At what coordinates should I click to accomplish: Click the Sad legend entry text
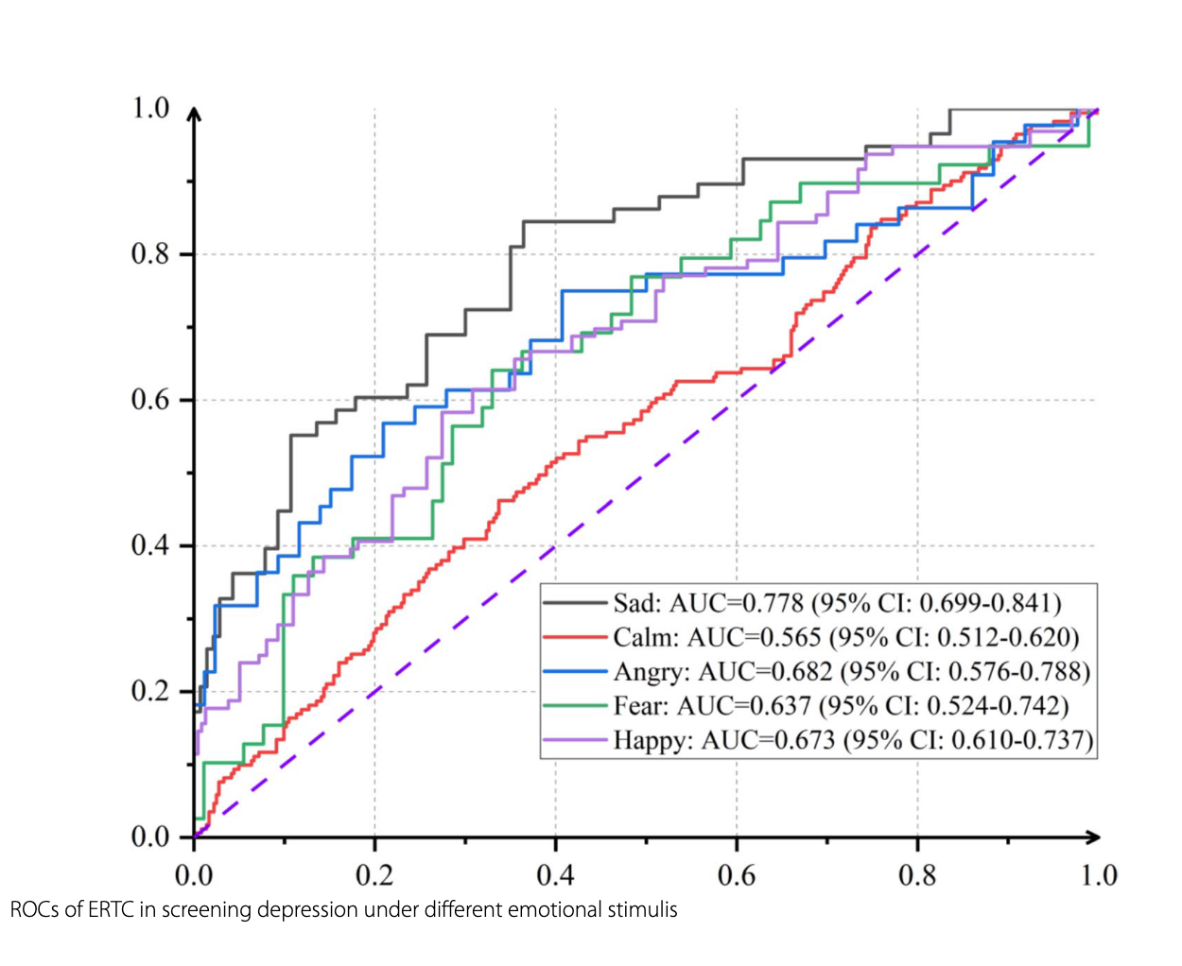tap(837, 603)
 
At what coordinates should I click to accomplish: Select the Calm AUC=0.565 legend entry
tap(845, 637)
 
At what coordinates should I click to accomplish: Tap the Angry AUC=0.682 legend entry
tap(851, 671)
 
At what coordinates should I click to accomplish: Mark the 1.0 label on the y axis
tap(150, 108)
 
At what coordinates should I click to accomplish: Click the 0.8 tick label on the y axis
tap(150, 254)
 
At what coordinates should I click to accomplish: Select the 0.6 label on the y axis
tap(150, 400)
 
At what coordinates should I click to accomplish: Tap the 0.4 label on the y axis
tap(150, 545)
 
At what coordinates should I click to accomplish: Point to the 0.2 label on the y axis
tap(150, 691)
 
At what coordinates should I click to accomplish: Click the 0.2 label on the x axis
tap(374, 875)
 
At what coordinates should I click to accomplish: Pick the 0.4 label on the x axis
tap(556, 875)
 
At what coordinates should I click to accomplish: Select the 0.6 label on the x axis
tap(737, 875)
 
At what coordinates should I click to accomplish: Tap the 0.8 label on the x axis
tap(917, 875)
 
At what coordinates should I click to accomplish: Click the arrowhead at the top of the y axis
tap(194, 114)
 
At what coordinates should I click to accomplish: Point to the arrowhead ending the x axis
tap(1093, 837)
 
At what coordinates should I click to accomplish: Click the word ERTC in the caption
tap(112, 910)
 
